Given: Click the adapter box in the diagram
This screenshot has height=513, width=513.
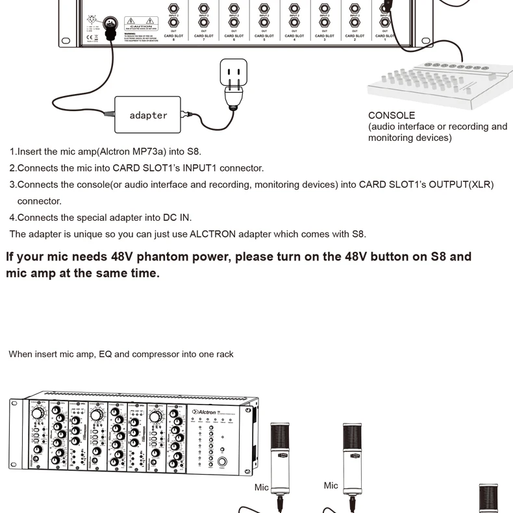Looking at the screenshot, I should pos(149,115).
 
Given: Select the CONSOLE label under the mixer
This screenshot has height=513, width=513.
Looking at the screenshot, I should pos(392,116).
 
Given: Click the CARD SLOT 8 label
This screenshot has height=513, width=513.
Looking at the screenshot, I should pos(173,37).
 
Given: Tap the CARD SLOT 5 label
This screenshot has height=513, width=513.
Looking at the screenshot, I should pos(264,37).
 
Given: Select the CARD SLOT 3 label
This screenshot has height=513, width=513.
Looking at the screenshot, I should pos(325,37).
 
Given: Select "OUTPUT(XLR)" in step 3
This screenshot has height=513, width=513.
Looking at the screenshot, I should pos(466,185).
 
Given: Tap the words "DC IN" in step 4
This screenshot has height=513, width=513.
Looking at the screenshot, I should pos(178,218).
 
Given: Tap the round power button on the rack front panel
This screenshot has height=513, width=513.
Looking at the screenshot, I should pos(223,463).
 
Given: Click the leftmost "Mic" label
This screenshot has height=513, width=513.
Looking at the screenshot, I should pos(262,487).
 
